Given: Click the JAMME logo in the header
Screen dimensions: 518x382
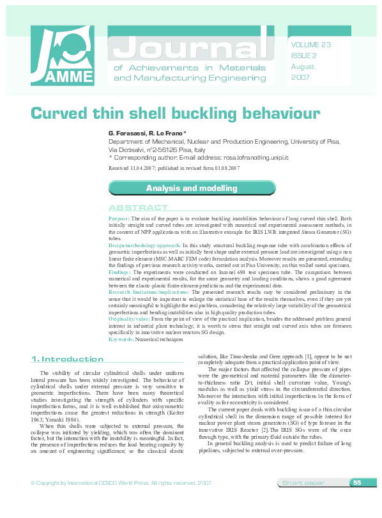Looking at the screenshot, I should pos(62,56).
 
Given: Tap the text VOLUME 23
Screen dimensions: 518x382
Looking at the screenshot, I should pos(311,45).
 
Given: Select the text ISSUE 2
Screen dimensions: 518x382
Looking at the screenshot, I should pos(304,56).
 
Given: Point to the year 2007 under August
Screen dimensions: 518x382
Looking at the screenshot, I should pos(300,77).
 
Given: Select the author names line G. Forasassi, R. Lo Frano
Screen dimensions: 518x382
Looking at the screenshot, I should pos(148,133).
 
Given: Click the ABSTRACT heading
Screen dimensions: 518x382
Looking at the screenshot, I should pos(138,208).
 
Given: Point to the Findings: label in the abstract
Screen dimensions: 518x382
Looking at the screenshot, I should pos(121,272).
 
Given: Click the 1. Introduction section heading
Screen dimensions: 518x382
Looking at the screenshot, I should pos(68,359).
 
